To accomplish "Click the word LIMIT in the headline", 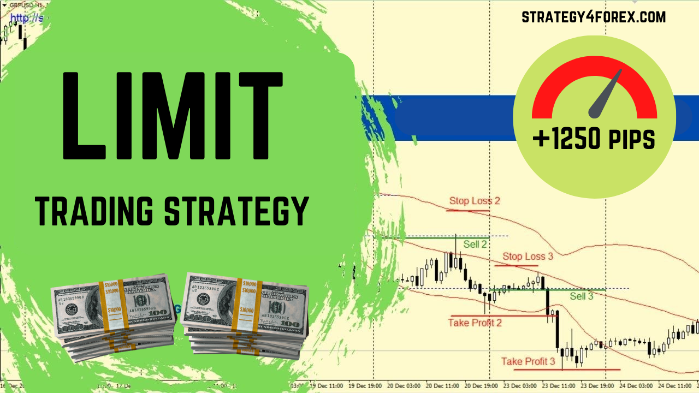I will click(x=173, y=116).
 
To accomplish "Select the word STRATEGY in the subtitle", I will click(x=237, y=212).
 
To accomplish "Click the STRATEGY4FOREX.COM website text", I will click(x=594, y=17).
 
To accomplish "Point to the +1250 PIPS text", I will click(x=594, y=139).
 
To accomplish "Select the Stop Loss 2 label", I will click(x=475, y=201).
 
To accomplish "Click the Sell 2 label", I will click(x=475, y=245).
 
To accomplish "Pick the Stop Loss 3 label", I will click(x=528, y=257).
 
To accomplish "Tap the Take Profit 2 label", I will click(x=475, y=323).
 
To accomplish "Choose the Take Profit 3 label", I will click(x=528, y=361).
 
